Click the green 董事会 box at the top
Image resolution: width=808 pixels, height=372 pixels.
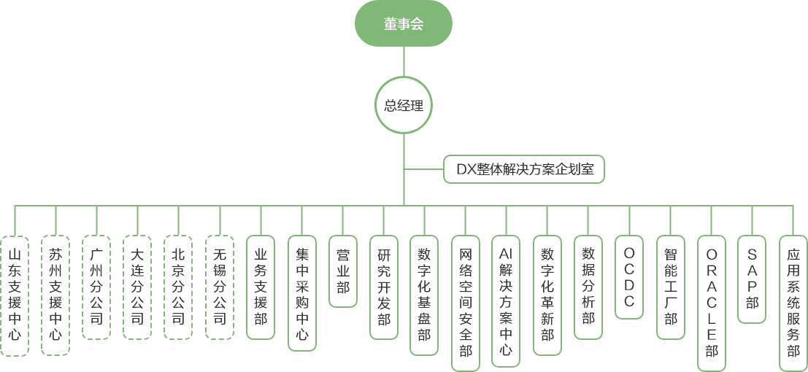tap(404, 23)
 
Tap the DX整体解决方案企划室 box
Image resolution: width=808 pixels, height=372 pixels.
tap(524, 170)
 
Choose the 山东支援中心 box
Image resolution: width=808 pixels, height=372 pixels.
tap(15, 295)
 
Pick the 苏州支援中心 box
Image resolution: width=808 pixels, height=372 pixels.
tap(55, 295)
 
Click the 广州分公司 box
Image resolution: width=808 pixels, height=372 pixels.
tap(96, 287)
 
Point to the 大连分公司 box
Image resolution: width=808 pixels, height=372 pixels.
tap(137, 287)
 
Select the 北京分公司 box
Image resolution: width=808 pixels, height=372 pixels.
tap(178, 287)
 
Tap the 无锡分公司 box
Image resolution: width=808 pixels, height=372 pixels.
tap(219, 287)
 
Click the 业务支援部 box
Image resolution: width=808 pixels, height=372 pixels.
tap(261, 287)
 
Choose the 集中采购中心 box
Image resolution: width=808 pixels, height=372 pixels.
tap(301, 295)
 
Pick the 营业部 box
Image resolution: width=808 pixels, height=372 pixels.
tap(342, 271)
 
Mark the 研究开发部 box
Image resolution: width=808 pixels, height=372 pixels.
tap(383, 287)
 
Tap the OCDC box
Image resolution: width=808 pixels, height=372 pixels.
tap(629, 276)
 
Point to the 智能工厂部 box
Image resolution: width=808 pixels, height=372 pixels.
tap(671, 287)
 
